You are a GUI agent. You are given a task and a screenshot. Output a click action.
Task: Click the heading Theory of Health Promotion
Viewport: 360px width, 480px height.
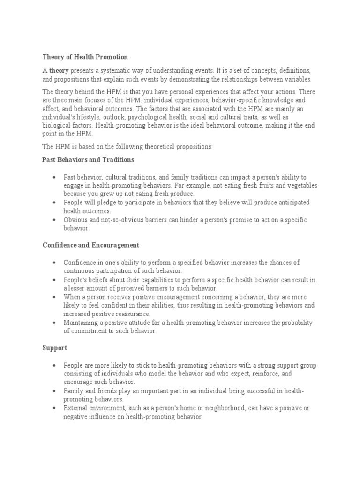pyautogui.click(x=85, y=57)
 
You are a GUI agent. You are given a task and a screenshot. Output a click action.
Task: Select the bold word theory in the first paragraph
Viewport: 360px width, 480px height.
pyautogui.click(x=59, y=70)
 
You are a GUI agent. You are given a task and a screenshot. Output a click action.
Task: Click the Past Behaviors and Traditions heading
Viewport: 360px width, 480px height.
pyautogui.click(x=88, y=160)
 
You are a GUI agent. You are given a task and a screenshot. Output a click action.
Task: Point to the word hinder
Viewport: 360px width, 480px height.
pyautogui.click(x=177, y=220)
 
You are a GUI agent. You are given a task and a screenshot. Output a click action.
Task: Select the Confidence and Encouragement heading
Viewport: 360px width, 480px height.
pyautogui.click(x=90, y=245)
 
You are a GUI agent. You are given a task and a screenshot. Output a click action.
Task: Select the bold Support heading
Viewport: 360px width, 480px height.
pyautogui.click(x=55, y=348)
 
